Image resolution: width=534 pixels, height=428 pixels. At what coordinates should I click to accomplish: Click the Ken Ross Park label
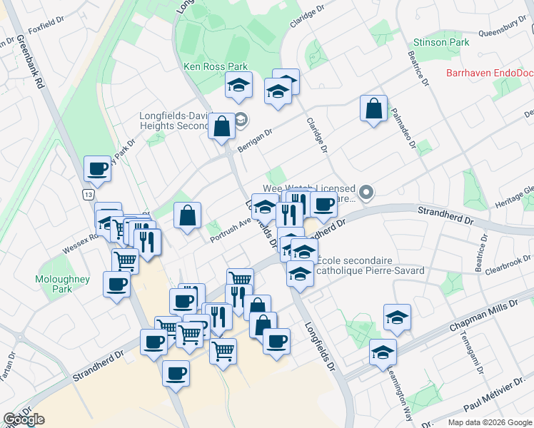pyautogui.click(x=216, y=66)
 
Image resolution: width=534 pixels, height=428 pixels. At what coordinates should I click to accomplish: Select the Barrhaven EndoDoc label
pyautogui.click(x=489, y=73)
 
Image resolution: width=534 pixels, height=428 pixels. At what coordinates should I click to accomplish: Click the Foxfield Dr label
pyautogui.click(x=45, y=34)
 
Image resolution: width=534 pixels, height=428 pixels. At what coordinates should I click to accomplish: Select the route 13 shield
pyautogui.click(x=88, y=195)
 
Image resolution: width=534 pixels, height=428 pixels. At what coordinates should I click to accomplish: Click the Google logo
pyautogui.click(x=24, y=419)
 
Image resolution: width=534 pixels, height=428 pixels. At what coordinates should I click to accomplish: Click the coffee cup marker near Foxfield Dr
pyautogui.click(x=97, y=169)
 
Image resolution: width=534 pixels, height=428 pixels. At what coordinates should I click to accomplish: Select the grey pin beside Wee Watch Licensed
pyautogui.click(x=366, y=192)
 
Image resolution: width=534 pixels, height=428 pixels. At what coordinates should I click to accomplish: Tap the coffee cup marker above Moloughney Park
pyautogui.click(x=116, y=285)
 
